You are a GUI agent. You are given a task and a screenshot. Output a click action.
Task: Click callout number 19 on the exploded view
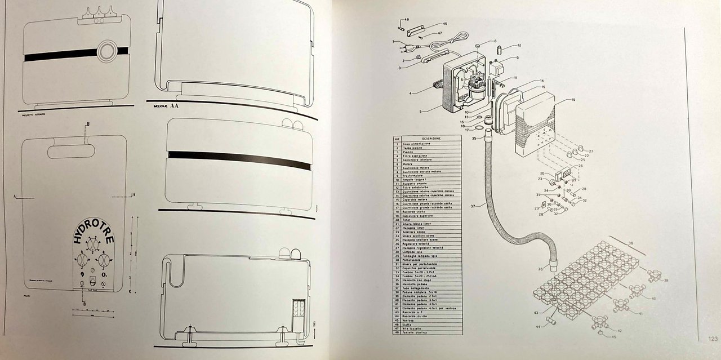[572, 100]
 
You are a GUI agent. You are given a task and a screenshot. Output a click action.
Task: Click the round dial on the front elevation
[105, 51]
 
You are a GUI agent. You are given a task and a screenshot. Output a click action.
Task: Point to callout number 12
[519, 45]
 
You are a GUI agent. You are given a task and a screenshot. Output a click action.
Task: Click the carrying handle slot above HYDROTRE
[71, 151]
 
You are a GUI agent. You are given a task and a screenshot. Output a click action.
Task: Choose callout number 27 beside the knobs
[591, 152]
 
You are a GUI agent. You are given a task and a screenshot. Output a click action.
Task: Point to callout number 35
[474, 138]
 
